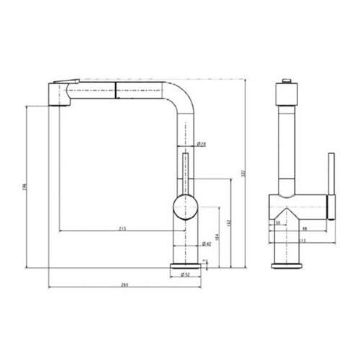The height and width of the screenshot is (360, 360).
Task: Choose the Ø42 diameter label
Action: click(x=207, y=244)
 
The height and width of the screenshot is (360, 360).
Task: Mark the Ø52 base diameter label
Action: click(x=186, y=274)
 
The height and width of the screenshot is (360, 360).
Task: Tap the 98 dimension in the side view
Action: click(x=305, y=230)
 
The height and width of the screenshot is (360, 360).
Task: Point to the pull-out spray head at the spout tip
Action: click(x=59, y=93)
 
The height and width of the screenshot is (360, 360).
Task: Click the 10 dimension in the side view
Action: click(x=278, y=222)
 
